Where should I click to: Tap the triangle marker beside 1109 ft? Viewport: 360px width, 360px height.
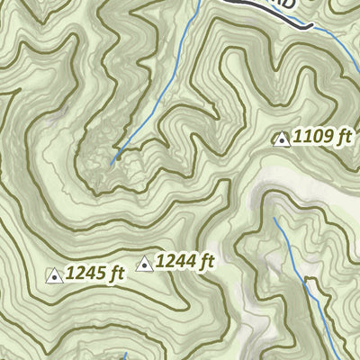click(x=281, y=139)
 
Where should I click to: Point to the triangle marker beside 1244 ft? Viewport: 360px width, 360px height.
click(x=143, y=264)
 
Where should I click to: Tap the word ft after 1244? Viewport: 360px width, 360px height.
click(x=206, y=262)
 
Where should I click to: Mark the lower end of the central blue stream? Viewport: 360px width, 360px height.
click(x=112, y=162)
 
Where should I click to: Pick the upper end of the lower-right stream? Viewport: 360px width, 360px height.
click(x=274, y=218)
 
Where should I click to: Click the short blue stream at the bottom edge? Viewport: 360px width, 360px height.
click(x=127, y=355)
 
